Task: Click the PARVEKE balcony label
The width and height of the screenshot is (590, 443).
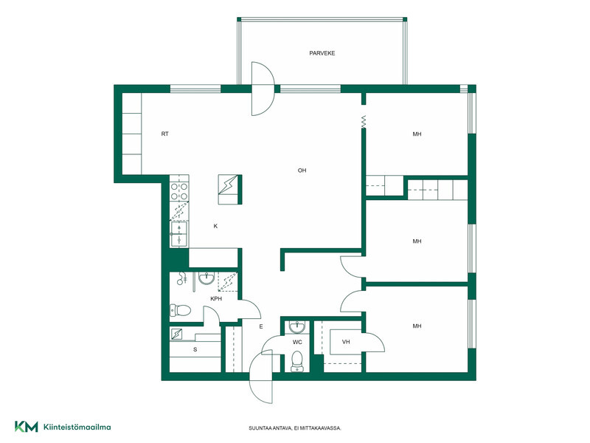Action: pyautogui.click(x=322, y=53)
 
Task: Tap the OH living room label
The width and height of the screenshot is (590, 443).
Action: pyautogui.click(x=302, y=171)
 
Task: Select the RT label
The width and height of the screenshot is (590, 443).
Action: pyautogui.click(x=164, y=134)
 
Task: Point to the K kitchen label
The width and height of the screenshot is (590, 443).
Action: pyautogui.click(x=215, y=227)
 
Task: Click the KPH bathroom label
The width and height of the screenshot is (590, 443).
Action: pyautogui.click(x=216, y=299)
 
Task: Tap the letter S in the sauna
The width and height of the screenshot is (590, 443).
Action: pyautogui.click(x=195, y=349)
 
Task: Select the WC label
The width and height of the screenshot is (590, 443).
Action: pyautogui.click(x=297, y=343)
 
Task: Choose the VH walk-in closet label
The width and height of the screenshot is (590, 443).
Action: pyautogui.click(x=346, y=342)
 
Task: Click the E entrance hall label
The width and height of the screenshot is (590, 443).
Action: pyautogui.click(x=261, y=327)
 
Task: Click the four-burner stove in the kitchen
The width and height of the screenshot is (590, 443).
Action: pyautogui.click(x=179, y=191)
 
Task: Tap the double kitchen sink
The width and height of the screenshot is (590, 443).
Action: pyautogui.click(x=179, y=234)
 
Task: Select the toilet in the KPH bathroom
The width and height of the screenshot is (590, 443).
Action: pyautogui.click(x=181, y=310)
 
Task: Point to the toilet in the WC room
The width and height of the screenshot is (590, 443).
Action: pyautogui.click(x=297, y=362)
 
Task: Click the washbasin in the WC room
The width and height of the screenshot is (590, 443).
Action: pyautogui.click(x=297, y=327)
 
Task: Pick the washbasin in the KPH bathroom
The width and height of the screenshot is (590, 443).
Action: pyautogui.click(x=206, y=278)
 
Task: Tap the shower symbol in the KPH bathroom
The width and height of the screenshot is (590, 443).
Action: pyautogui.click(x=182, y=278)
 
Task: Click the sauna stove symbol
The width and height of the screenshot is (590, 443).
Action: pyautogui.click(x=176, y=334)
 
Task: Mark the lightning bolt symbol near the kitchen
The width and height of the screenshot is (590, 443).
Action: pyautogui.click(x=228, y=185)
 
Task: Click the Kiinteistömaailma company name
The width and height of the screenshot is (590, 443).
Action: pyautogui.click(x=77, y=427)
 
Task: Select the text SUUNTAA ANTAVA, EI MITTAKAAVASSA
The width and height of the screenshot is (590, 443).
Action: pyautogui.click(x=295, y=428)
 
